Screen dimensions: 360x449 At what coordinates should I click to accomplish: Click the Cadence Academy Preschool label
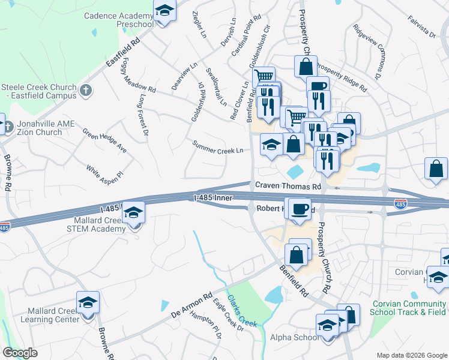tap(118, 20)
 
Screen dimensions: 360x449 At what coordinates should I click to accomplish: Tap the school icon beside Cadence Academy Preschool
tap(164, 12)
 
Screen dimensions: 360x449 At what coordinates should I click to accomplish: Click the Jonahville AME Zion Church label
tap(38, 128)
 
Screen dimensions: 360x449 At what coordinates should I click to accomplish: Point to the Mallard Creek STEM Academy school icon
tap(134, 213)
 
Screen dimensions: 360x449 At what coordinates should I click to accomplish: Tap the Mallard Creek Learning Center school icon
tap(88, 303)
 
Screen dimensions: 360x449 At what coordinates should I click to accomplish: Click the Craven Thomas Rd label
tap(288, 187)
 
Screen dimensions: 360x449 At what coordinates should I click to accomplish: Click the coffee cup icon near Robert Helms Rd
tap(300, 209)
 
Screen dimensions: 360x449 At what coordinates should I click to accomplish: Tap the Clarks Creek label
tap(243, 312)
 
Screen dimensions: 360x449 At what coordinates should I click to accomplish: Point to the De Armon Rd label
tap(192, 305)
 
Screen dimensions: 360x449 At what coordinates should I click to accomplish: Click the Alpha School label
tap(294, 337)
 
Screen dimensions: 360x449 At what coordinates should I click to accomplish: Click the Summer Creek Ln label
tap(217, 147)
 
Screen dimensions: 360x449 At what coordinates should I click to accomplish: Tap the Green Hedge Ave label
tap(104, 140)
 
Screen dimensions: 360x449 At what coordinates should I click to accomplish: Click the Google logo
tap(20, 353)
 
